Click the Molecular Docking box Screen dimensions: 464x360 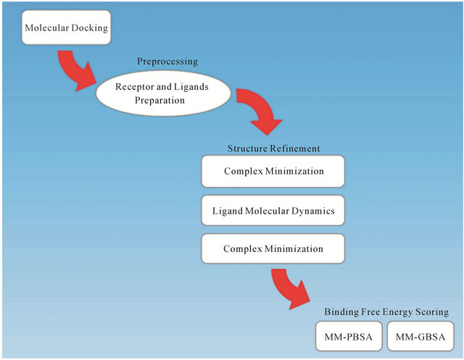66,28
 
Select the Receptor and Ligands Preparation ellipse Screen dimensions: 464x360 163,93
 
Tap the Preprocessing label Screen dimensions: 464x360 167,62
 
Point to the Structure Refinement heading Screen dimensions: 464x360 274,148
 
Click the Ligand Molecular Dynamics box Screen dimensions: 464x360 273,211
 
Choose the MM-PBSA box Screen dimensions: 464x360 349,336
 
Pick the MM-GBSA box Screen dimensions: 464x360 420,336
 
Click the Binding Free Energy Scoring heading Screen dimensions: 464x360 386,311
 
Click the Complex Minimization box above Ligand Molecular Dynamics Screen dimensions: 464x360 273,171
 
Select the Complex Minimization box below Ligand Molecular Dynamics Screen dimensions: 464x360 273,248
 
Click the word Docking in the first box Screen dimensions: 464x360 90,28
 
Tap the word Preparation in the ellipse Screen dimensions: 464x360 159,101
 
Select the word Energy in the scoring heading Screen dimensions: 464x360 398,312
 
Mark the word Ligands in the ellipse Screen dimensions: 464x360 191,87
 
